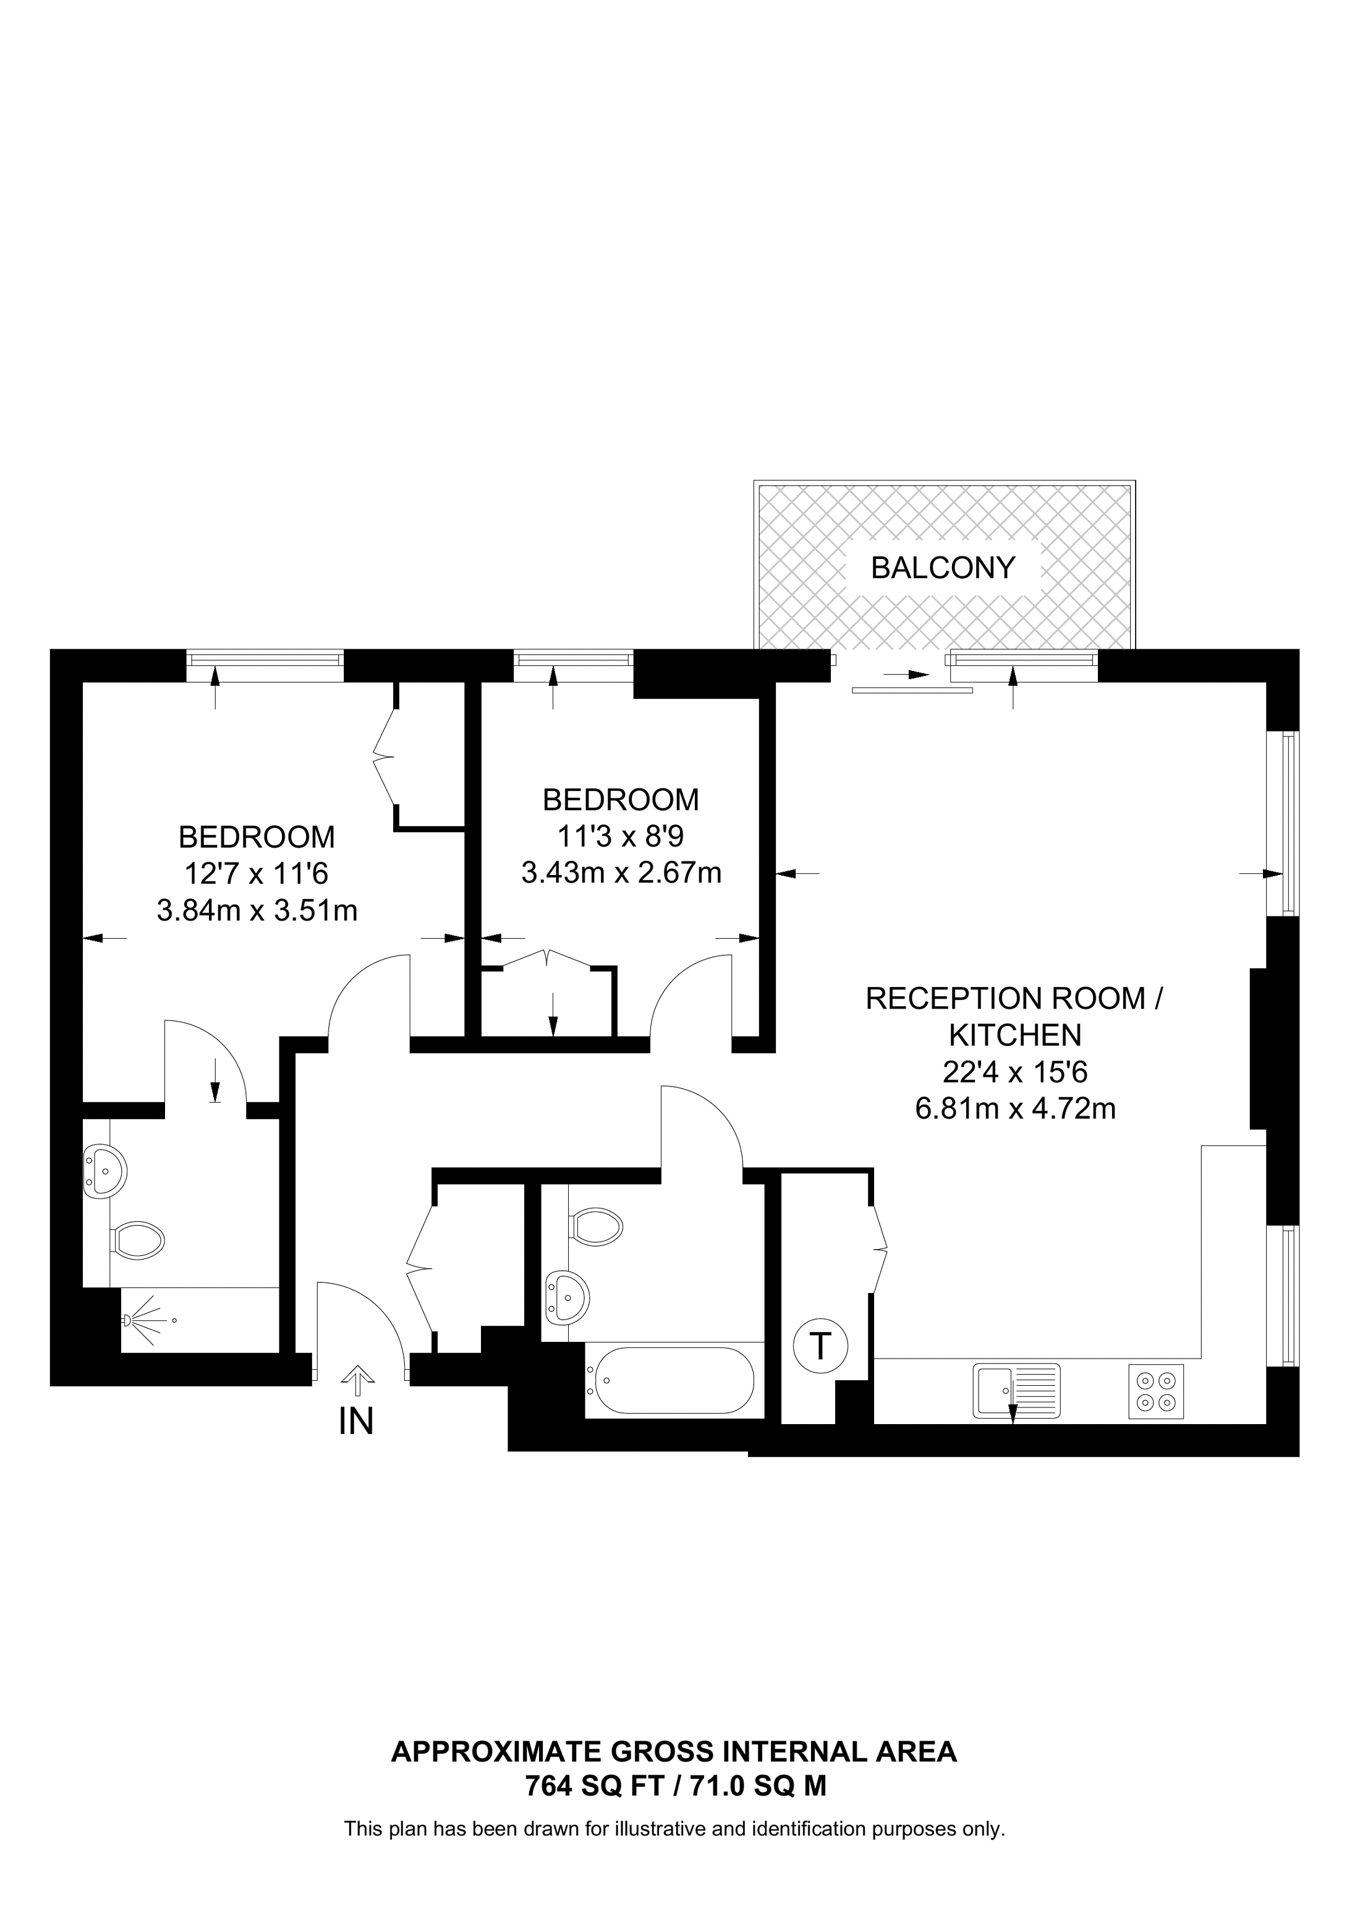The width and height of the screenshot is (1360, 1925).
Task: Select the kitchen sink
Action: point(1016,1391)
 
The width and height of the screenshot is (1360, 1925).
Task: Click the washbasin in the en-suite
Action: point(106,1169)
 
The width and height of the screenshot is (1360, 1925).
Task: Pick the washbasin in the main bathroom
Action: point(567,1298)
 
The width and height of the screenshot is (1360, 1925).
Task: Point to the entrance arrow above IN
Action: point(358,1376)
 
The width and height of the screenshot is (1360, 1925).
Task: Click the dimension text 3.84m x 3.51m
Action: point(257,910)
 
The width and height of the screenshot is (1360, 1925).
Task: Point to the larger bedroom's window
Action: point(265,657)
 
